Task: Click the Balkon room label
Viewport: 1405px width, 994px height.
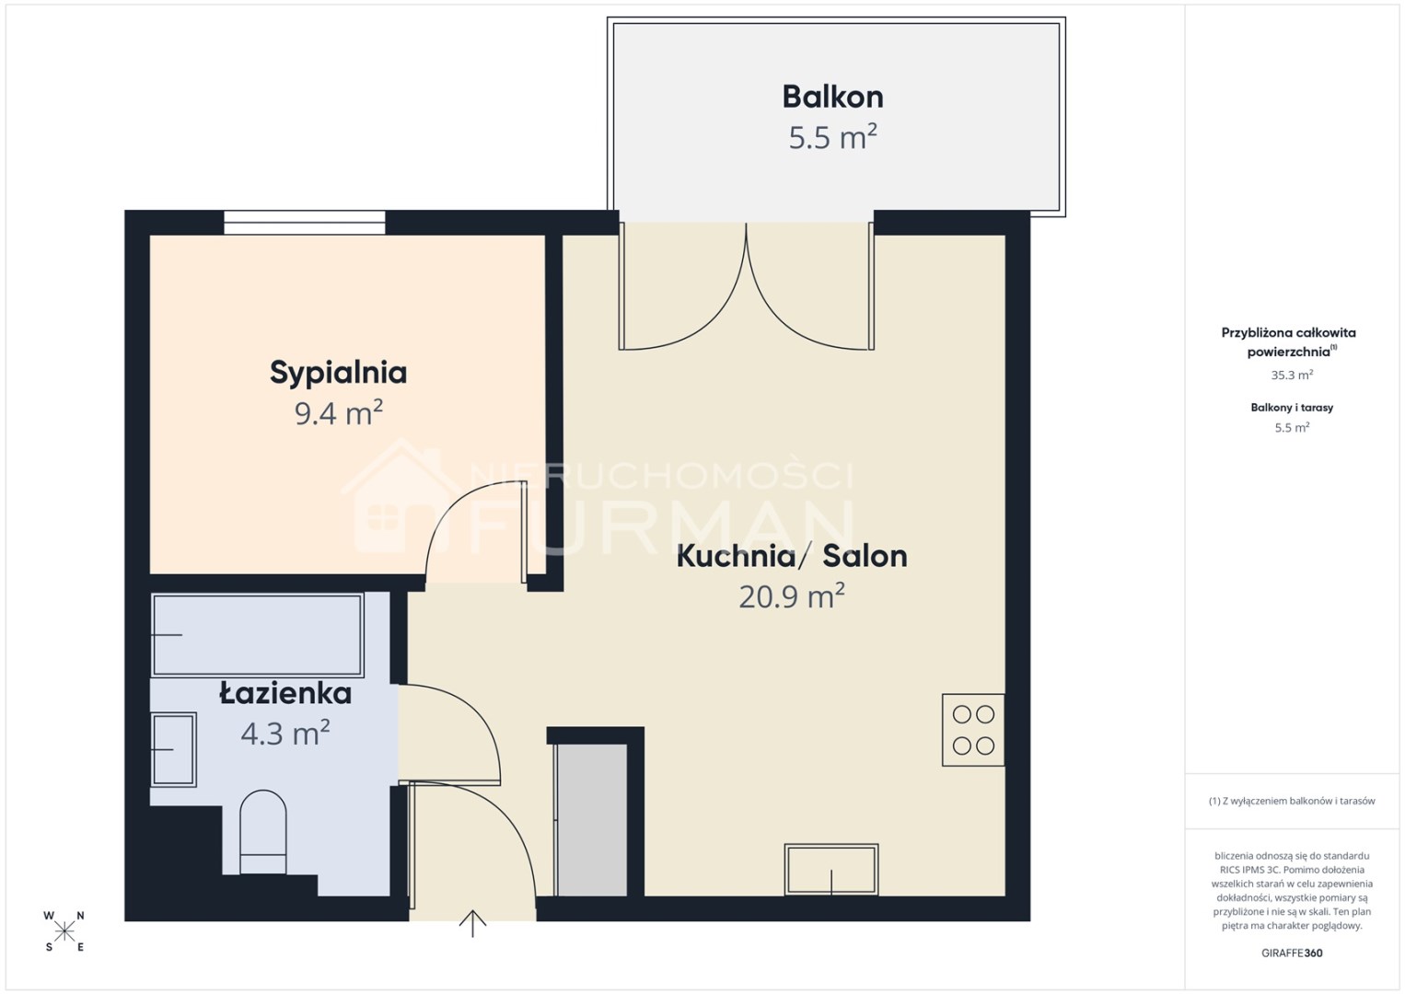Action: (832, 98)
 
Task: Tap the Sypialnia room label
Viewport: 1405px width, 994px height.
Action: (339, 373)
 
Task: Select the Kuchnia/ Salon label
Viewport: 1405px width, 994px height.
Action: (792, 556)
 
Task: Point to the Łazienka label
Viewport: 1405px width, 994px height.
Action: (285, 693)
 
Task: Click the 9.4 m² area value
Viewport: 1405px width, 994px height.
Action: (339, 412)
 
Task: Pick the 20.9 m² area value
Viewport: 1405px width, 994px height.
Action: (792, 595)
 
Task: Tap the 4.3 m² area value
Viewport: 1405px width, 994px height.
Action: (285, 733)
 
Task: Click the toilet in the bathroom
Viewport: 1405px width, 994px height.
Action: (263, 832)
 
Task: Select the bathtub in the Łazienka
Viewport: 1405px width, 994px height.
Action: (257, 635)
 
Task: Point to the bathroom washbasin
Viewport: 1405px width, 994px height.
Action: (174, 749)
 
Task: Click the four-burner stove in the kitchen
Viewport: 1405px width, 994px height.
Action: (973, 730)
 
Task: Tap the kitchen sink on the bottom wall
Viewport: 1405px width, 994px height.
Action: (831, 870)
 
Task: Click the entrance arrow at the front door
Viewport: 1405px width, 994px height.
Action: (473, 923)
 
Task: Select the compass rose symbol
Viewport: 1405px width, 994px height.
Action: (64, 931)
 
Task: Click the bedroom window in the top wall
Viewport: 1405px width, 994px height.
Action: (305, 223)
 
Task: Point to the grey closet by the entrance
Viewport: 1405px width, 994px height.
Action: (592, 820)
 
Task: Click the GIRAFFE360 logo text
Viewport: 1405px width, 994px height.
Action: (1292, 954)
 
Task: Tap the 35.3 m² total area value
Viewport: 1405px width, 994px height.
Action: (1292, 375)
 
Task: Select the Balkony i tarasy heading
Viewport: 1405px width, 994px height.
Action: (1292, 408)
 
